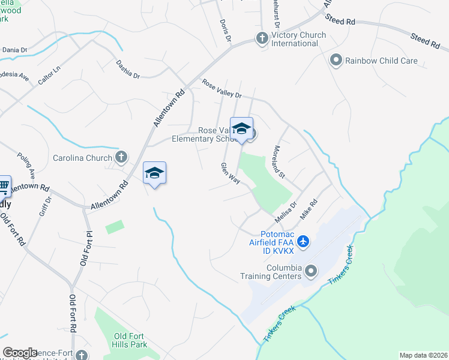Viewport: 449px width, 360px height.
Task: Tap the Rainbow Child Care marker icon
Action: pos(336,60)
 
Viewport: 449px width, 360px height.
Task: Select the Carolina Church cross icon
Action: pos(121,158)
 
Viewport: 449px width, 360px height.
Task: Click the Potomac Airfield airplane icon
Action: pos(303,242)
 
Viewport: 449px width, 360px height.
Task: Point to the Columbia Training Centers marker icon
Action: pos(310,271)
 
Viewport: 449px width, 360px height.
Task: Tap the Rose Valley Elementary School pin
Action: pos(241,129)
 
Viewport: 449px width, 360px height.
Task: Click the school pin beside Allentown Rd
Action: pos(154,174)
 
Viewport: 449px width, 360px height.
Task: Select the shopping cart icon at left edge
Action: pos(3,186)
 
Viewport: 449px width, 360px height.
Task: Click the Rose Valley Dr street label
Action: pos(221,89)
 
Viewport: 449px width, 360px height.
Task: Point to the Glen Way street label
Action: pos(230,174)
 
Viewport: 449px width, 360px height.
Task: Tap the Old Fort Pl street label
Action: pos(84,247)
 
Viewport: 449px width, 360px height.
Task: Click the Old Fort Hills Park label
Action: pos(129,340)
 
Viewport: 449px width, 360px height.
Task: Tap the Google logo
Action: pos(20,353)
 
